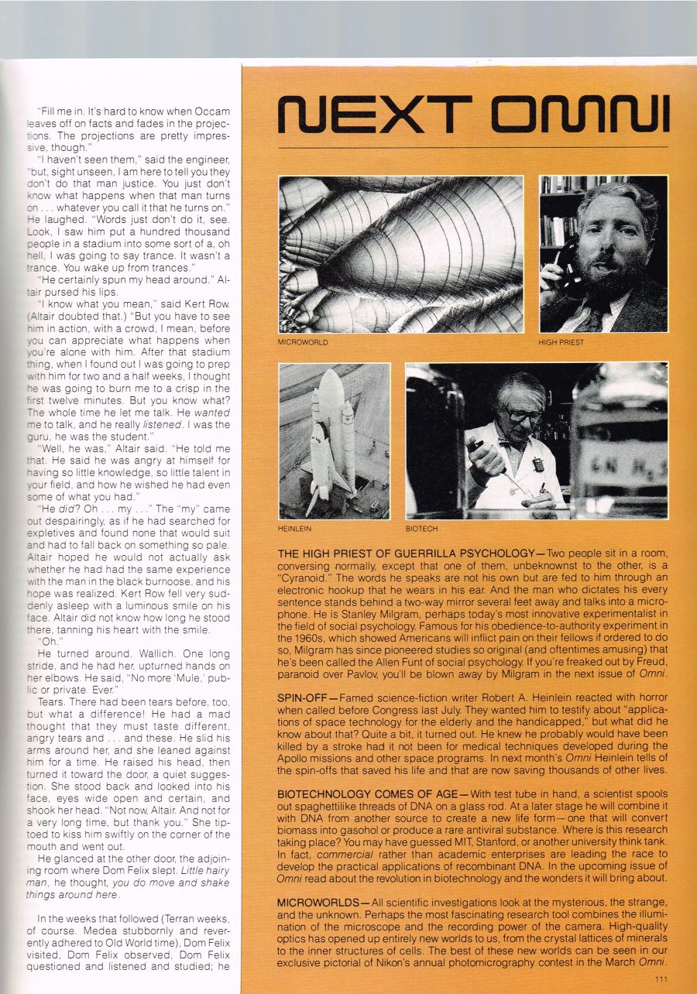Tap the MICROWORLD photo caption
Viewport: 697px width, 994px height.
click(x=304, y=341)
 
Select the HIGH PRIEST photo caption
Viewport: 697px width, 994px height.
click(x=561, y=341)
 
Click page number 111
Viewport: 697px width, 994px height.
click(x=659, y=979)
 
